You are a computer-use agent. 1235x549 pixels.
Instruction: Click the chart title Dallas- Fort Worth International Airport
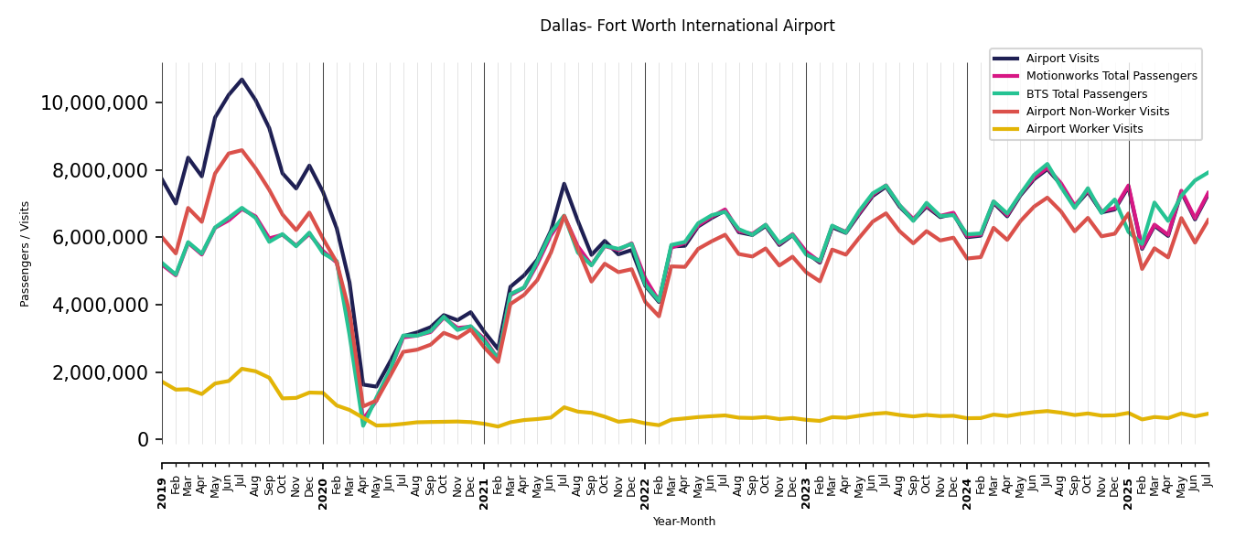(x=687, y=26)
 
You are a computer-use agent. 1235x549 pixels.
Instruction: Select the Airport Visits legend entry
(x=1062, y=59)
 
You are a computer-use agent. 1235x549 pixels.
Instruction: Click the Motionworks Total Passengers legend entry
(x=1111, y=76)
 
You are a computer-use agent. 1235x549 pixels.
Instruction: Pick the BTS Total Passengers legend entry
(x=1086, y=94)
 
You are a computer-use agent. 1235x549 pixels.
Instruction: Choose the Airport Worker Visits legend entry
(x=1084, y=129)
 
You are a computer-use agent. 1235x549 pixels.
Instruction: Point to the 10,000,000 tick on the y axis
(x=94, y=102)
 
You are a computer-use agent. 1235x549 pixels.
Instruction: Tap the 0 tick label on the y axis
(x=143, y=439)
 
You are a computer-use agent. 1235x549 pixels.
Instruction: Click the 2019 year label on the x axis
(x=163, y=492)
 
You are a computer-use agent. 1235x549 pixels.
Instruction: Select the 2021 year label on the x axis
(x=485, y=492)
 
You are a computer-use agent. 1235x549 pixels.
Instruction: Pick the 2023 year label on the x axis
(x=807, y=492)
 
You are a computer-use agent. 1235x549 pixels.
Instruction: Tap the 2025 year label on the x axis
(x=1129, y=492)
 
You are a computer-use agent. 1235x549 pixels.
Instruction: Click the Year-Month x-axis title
(x=684, y=522)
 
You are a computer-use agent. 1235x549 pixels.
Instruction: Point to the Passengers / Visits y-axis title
(x=26, y=253)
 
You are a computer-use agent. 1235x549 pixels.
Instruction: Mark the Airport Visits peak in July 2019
(x=242, y=80)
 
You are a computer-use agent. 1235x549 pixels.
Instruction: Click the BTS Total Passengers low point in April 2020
(x=362, y=425)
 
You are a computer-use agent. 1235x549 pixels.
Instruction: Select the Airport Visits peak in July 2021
(x=564, y=183)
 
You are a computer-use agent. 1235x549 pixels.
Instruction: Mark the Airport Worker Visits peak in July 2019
(x=242, y=369)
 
